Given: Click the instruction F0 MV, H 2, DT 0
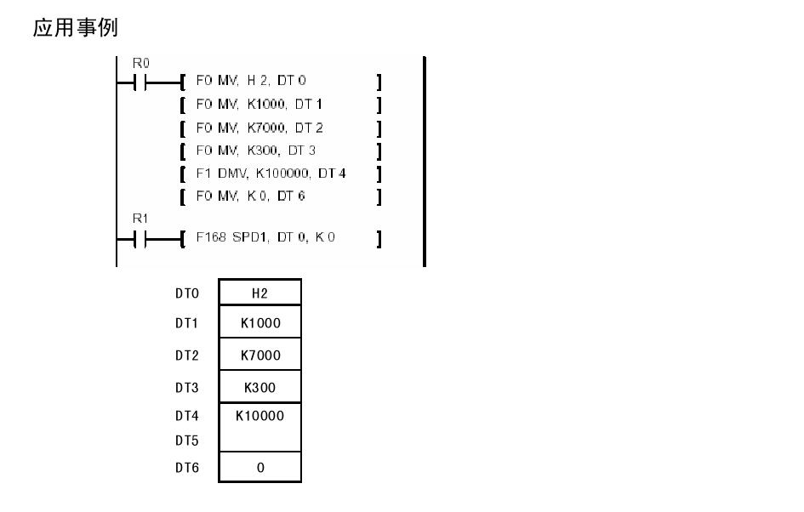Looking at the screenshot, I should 251,80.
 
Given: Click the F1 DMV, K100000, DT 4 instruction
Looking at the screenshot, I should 264,174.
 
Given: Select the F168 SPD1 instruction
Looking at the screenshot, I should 265,237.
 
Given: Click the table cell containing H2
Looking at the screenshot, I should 259,293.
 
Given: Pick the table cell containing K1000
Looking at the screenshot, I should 259,324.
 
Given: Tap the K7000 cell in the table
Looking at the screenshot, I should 259,355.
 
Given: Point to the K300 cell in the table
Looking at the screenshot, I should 259,386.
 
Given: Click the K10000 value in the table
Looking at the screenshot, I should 259,416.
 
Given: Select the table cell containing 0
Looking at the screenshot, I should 259,468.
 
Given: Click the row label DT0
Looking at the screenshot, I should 186,293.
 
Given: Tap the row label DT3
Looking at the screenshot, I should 186,386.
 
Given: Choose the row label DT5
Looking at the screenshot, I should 186,441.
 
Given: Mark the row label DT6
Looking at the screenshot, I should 186,468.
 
